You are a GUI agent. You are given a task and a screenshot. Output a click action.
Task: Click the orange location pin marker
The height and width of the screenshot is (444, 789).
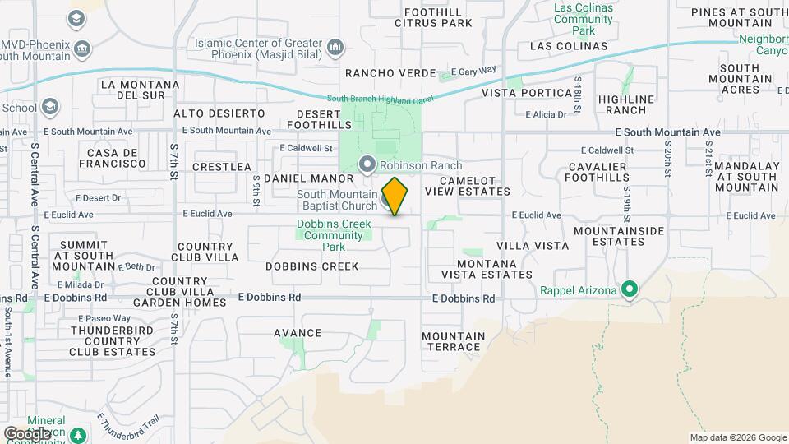[x=395, y=196]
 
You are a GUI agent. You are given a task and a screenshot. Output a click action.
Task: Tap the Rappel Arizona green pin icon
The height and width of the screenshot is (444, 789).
[x=630, y=289]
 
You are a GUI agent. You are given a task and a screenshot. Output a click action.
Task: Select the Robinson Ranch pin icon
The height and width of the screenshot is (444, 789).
[x=367, y=164]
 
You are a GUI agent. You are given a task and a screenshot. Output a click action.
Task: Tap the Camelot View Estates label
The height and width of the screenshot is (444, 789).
[x=468, y=186]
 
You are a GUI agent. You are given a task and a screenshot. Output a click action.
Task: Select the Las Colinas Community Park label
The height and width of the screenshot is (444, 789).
[x=583, y=19]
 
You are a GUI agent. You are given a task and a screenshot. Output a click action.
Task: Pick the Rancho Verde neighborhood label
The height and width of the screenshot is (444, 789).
[x=390, y=73]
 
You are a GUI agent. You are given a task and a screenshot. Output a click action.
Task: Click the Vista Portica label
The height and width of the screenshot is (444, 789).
[x=526, y=93]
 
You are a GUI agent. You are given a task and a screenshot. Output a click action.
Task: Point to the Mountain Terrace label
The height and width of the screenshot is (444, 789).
[x=454, y=341]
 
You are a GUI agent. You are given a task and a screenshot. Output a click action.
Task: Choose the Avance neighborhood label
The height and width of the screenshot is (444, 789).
[x=298, y=333]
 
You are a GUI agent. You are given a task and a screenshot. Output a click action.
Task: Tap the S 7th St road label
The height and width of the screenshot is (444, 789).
[x=174, y=161]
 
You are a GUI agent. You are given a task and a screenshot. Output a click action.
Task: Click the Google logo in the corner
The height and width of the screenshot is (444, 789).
[x=26, y=433]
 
